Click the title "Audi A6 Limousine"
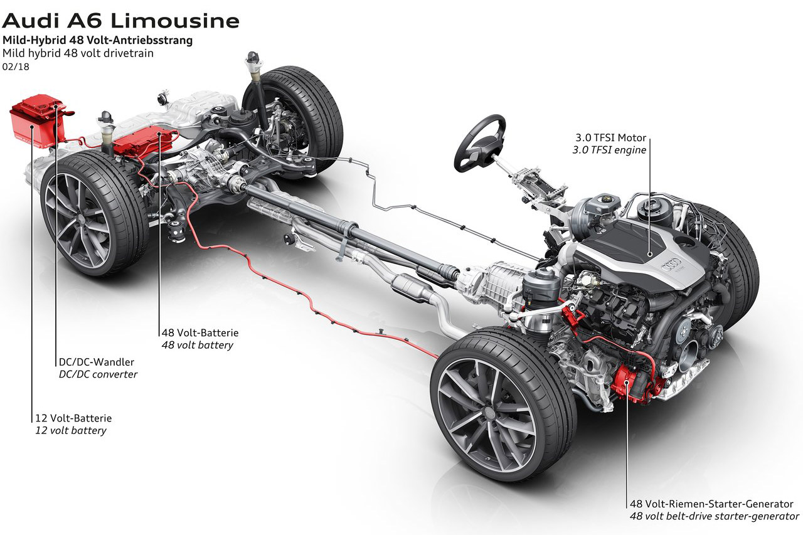coord(120,21)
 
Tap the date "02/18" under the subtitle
coord(16,67)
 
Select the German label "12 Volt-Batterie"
coord(73,418)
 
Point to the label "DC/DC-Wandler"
coord(97,362)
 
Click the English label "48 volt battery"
coord(197,345)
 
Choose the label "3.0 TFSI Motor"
coord(610,137)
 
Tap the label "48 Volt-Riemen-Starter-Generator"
coord(711,504)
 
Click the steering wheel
coord(480,142)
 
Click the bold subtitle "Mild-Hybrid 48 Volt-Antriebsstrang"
coord(97,40)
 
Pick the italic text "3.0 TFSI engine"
coord(609,150)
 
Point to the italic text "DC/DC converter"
coord(98,374)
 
